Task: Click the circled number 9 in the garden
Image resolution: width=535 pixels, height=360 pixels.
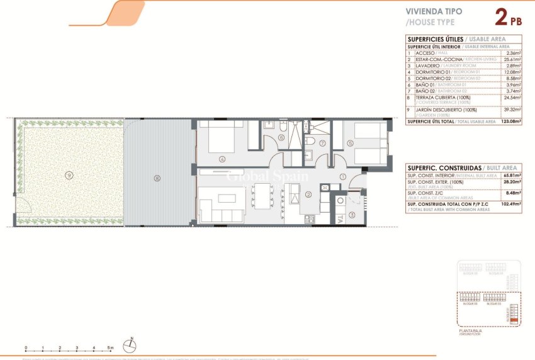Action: pyautogui.click(x=68, y=174)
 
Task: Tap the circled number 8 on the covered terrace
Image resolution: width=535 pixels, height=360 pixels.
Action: pyautogui.click(x=156, y=178)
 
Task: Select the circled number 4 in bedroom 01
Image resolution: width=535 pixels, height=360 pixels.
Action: pyautogui.click(x=222, y=159)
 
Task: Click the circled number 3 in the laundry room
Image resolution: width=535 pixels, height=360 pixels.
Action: pyautogui.click(x=352, y=215)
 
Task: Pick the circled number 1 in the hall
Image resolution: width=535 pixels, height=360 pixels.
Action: pyautogui.click(x=342, y=177)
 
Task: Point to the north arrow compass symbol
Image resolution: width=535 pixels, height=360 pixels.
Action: pyautogui.click(x=131, y=345)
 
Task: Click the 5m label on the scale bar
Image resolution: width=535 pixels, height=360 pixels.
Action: pyautogui.click(x=110, y=347)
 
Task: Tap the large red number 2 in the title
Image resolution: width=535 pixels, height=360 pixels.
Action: pyautogui.click(x=502, y=17)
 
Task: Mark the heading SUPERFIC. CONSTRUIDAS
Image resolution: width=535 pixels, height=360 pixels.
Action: pyautogui.click(x=444, y=168)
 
